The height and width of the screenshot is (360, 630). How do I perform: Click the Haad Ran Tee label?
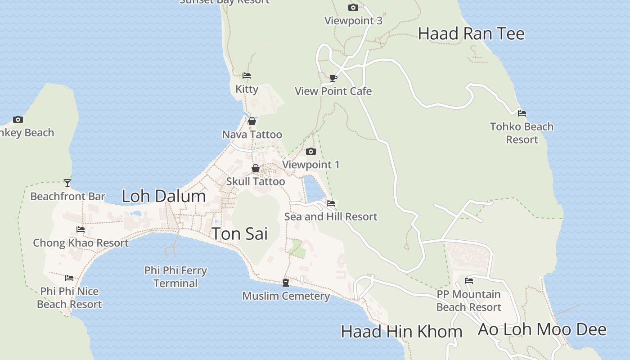471,34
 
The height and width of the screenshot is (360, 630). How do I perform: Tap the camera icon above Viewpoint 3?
353,7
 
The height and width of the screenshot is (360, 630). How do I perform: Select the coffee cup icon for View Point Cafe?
333,78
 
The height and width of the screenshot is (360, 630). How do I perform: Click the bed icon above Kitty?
247,76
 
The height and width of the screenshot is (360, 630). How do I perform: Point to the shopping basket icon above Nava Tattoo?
252,121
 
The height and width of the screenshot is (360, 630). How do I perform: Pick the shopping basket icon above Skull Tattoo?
256,168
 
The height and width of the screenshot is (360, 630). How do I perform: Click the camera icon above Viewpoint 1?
310,151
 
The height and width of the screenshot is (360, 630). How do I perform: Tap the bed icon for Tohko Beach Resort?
522,113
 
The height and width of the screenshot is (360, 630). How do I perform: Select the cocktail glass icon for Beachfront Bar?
67,183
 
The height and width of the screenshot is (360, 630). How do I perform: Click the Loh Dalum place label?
164,196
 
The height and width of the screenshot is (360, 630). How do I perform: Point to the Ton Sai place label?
239,234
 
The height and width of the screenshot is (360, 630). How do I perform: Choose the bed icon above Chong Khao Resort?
81,229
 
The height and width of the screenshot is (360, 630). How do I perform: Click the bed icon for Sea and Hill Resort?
331,203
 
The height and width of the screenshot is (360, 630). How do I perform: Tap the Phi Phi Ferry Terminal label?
175,277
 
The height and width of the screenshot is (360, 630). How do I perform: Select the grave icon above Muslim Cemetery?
286,283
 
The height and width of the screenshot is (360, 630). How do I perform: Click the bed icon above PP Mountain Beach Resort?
469,281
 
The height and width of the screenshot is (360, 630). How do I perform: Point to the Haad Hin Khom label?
401,332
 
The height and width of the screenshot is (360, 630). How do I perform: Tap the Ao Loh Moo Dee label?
542,329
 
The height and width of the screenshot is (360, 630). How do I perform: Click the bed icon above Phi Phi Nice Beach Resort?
69,278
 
